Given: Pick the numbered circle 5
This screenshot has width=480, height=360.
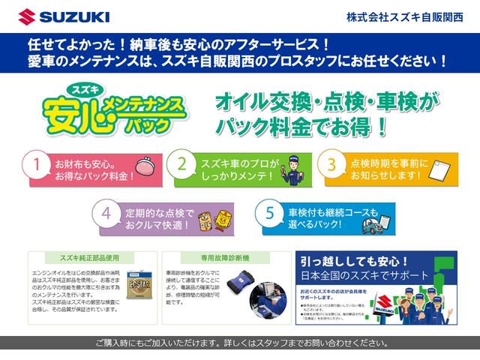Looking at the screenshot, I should (x=269, y=212).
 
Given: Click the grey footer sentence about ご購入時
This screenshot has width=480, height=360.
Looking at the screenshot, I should (x=240, y=343).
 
